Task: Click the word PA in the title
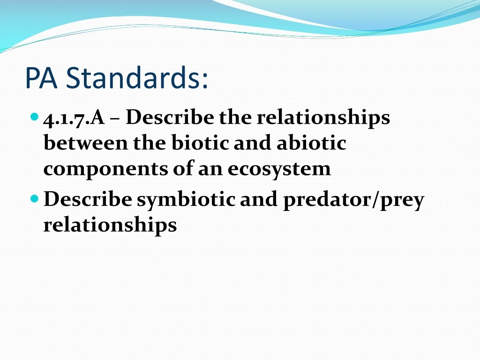41,78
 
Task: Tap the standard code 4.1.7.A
74,118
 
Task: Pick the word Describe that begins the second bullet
88,200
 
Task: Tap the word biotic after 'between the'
201,143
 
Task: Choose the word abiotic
311,143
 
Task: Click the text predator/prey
353,201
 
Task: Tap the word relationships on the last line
110,225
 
